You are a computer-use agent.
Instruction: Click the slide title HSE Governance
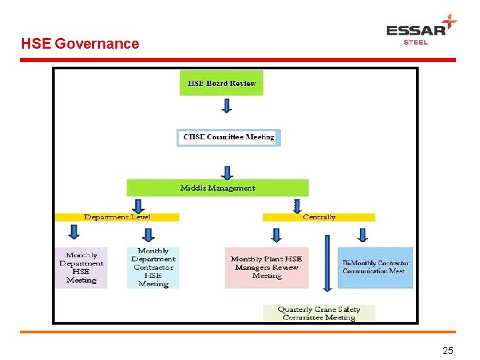80,44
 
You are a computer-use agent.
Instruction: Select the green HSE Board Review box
221,83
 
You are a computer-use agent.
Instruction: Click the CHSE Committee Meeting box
229,137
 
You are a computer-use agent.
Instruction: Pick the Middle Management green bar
217,188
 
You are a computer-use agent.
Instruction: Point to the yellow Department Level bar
117,217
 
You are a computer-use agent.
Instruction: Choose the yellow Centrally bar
319,217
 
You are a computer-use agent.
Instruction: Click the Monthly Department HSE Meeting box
81,268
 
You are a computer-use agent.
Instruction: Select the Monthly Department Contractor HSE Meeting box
153,268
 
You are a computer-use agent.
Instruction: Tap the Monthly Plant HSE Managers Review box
267,268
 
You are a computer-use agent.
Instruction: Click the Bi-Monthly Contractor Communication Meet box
375,268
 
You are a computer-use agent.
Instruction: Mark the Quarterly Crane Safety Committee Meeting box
319,313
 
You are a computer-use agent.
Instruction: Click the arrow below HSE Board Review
227,106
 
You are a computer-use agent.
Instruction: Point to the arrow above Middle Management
227,173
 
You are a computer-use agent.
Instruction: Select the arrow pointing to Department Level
139,205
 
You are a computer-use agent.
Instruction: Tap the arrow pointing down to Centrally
297,205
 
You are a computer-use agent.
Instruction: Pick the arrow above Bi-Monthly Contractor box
363,235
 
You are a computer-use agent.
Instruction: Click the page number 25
448,351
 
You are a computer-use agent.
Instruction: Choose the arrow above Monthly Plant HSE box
276,235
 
